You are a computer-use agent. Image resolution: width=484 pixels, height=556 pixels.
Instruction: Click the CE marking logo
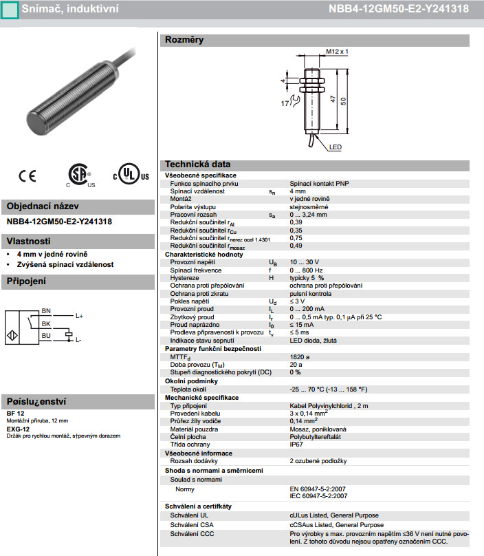(27, 176)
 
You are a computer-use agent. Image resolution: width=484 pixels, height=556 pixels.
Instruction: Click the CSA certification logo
(80, 175)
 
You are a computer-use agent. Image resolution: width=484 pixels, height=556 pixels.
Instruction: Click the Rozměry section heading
(184, 41)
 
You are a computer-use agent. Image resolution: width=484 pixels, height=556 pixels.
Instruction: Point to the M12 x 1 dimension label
(338, 52)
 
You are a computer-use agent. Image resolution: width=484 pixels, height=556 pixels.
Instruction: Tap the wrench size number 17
(284, 103)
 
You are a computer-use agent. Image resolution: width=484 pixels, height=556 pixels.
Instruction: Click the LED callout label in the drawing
(335, 147)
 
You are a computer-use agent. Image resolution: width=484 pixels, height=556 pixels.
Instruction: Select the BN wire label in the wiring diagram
(46, 311)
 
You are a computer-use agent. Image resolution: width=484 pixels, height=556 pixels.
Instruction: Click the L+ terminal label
(78, 316)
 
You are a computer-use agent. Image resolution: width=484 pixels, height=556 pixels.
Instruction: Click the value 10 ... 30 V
(304, 262)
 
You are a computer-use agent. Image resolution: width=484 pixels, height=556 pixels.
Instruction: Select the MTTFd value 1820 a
(300, 357)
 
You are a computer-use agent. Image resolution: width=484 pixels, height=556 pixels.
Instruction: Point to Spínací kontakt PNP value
(319, 184)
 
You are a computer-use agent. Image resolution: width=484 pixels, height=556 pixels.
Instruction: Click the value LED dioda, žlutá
(313, 340)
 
